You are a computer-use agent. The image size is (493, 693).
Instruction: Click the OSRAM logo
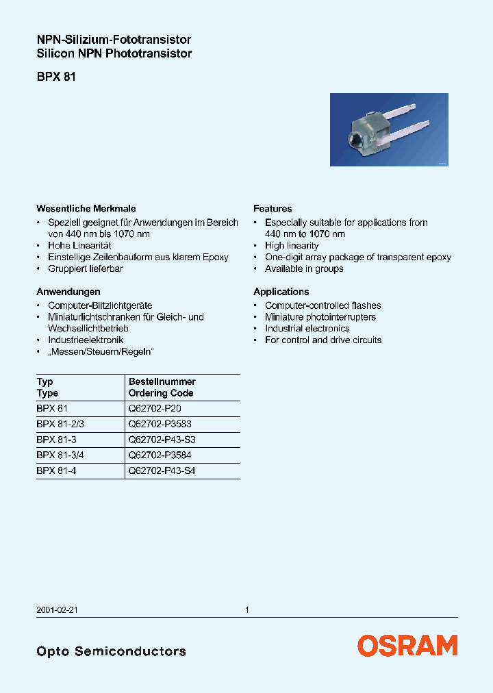[407, 645]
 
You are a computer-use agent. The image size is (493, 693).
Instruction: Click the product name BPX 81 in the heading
[56, 77]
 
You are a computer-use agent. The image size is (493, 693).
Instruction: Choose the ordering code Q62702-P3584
[160, 455]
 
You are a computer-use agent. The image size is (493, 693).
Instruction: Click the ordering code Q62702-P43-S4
[166, 471]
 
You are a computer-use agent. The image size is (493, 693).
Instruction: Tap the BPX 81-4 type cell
[55, 471]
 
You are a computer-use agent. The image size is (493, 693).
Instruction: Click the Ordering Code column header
[161, 393]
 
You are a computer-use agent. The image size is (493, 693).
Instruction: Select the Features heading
[273, 208]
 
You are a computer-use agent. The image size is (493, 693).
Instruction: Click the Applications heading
[281, 291]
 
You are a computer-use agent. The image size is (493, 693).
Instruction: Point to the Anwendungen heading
[68, 291]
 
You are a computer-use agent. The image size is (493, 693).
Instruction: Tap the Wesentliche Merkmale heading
[86, 208]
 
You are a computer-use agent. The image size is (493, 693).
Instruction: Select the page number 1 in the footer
[247, 609]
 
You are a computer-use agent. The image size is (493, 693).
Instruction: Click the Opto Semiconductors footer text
[111, 651]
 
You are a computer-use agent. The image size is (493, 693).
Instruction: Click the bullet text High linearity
[292, 245]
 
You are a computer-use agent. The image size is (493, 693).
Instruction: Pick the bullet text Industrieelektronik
[86, 340]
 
